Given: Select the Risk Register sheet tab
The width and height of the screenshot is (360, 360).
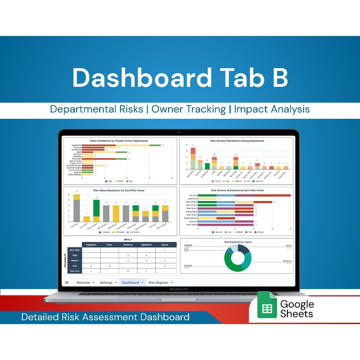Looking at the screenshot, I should [159, 283].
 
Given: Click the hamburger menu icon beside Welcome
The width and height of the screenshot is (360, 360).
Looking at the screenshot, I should [67, 283].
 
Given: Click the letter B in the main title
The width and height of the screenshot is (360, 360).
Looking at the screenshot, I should [280, 78].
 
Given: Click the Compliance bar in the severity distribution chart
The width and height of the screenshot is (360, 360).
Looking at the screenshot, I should [207, 166].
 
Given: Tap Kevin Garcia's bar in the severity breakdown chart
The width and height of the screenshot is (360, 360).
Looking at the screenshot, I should [225, 225].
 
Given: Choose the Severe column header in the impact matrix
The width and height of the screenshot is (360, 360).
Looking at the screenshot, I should [165, 245].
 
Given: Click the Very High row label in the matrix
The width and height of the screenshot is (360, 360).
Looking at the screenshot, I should [75, 250].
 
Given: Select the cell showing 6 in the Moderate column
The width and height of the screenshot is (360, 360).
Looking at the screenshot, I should [128, 271].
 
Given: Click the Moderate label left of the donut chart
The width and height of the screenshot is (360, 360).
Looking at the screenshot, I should [188, 265].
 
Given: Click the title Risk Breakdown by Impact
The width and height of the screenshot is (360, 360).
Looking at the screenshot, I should [238, 242].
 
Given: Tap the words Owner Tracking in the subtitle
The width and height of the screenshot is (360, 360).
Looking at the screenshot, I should [188, 109].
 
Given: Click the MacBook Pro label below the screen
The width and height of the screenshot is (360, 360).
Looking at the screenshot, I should [179, 289].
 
